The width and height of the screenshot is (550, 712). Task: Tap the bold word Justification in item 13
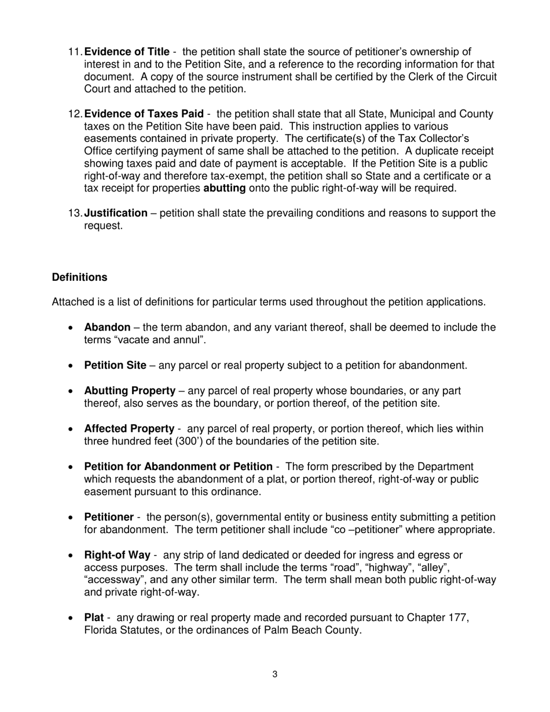pos(116,213)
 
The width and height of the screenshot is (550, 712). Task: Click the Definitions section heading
pos(79,277)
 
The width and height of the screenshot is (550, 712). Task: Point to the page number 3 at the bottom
pos(274,674)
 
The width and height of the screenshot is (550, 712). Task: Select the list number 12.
pos(75,113)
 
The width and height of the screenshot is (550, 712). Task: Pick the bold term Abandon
pos(107,328)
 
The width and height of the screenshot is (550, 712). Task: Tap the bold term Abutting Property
pos(130,391)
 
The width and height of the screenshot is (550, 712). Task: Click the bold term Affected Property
pos(129,429)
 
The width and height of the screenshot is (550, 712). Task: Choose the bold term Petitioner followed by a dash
pos(109,517)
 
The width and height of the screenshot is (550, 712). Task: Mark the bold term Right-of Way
pos(117,555)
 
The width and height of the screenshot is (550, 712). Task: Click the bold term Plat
pos(94,618)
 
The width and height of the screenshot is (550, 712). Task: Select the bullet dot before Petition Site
pos(70,366)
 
